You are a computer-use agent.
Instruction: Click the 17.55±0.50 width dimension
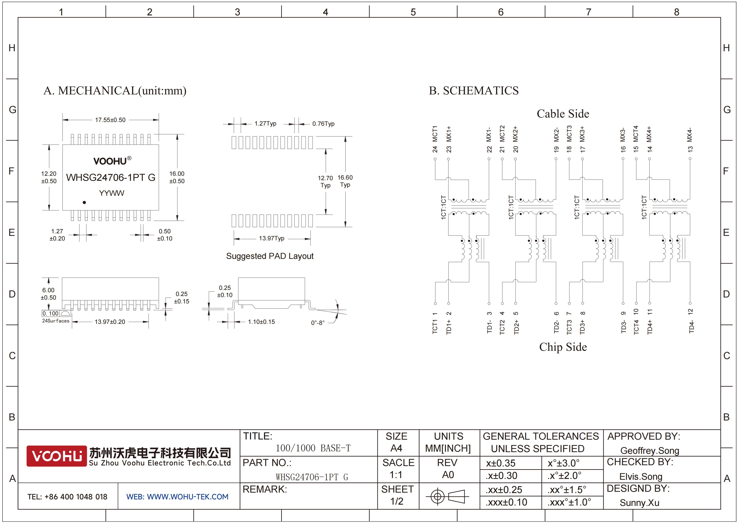[110, 120]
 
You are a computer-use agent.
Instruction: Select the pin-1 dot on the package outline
[84, 202]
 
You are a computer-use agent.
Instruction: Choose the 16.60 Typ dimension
[345, 181]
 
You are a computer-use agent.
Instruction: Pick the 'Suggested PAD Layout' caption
[270, 256]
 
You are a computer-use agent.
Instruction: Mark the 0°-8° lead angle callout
[318, 323]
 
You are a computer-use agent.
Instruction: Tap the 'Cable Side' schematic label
[563, 114]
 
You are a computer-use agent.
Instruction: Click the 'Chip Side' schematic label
[563, 347]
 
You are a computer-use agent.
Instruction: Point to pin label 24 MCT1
[435, 139]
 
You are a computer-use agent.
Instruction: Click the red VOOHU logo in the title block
[56, 456]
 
